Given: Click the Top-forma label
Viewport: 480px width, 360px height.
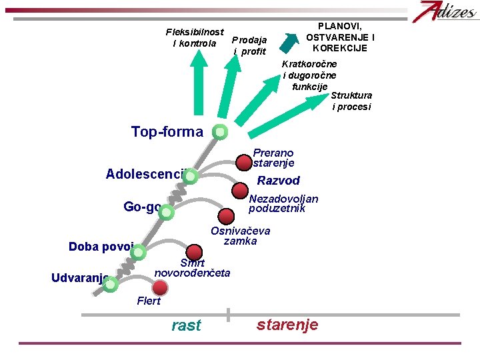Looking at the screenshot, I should coord(167,131).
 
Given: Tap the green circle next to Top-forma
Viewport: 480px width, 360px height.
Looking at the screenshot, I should coord(220,132).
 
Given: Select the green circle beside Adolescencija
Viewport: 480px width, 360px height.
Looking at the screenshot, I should coord(190,177).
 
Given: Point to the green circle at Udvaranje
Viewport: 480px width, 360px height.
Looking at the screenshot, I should coord(111,285).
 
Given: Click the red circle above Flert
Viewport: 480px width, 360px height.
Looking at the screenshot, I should coord(160,287).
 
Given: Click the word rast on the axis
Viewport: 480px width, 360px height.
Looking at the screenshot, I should coord(186,325).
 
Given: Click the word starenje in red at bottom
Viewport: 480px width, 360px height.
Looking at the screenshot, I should coord(287,325).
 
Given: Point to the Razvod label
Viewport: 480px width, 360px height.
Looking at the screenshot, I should coord(279,181).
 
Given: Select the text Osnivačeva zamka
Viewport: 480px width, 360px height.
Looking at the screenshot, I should coord(240,236).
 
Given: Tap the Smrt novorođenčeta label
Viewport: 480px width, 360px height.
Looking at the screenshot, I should coord(192,268).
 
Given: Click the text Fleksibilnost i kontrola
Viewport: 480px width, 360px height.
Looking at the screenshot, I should coord(195,38).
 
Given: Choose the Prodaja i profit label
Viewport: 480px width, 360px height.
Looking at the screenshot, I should coord(250,45).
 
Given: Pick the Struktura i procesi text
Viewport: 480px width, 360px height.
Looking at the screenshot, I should coord(351,101).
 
